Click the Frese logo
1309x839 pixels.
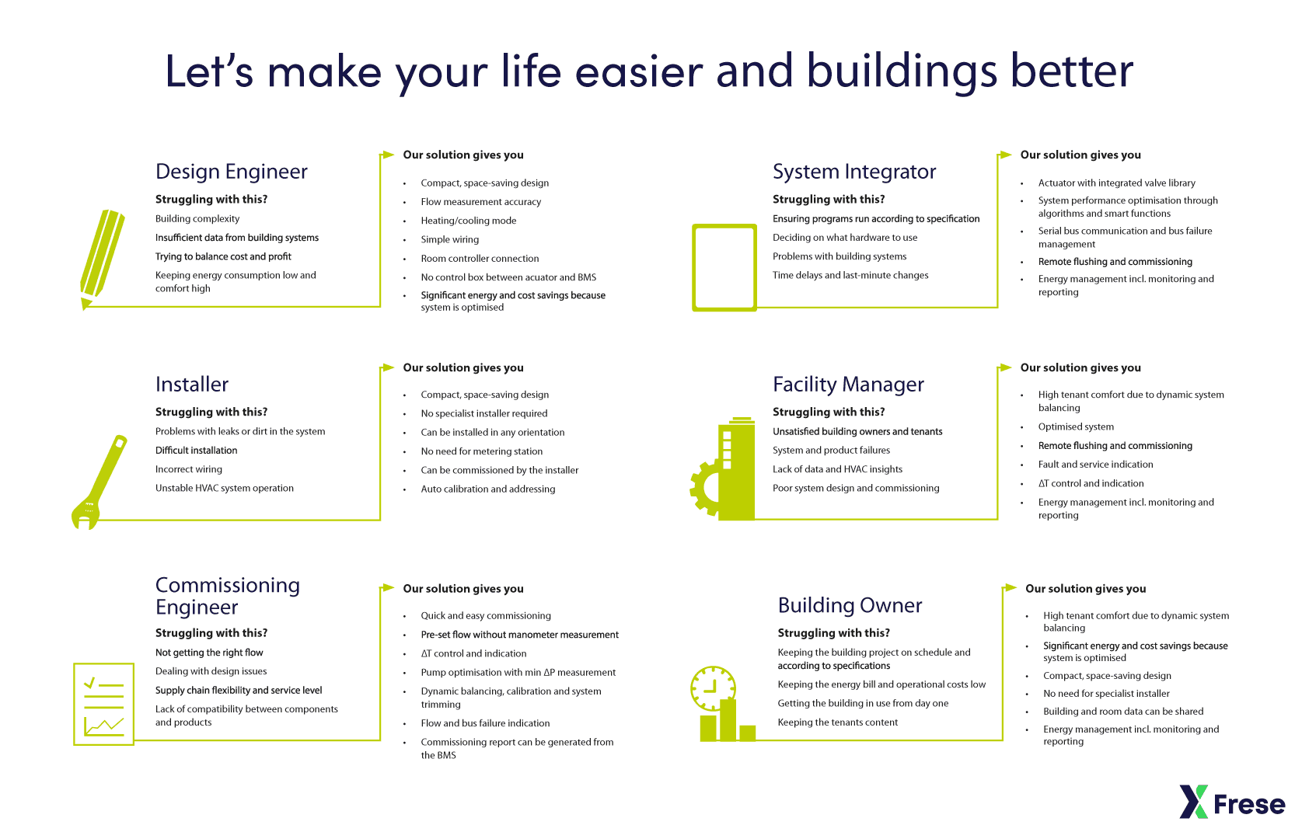[x=1233, y=802]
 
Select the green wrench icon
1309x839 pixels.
[x=99, y=482]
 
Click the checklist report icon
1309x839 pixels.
[x=103, y=704]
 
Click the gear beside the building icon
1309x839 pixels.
[x=705, y=488]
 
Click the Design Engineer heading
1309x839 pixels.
[x=232, y=171]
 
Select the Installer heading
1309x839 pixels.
[x=192, y=385]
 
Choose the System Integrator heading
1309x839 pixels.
[x=854, y=171]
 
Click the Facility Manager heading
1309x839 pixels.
[x=849, y=385]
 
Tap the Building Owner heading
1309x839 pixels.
[x=850, y=605]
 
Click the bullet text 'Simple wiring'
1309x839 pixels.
[x=450, y=239]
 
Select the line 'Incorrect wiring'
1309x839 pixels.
[x=189, y=469]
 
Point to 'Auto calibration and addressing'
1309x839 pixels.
[x=488, y=489]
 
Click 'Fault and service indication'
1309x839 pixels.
[x=1096, y=464]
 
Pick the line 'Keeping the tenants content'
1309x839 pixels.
[x=837, y=722]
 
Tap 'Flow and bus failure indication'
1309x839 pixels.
[x=485, y=722]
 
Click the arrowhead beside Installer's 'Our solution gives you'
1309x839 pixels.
[x=387, y=367]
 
